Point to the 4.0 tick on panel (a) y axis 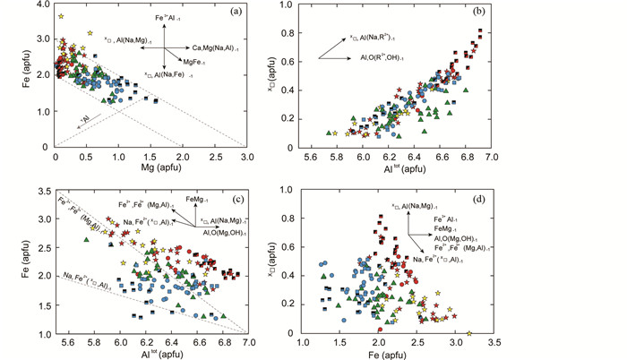click(42, 6)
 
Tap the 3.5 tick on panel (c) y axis click(42, 192)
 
